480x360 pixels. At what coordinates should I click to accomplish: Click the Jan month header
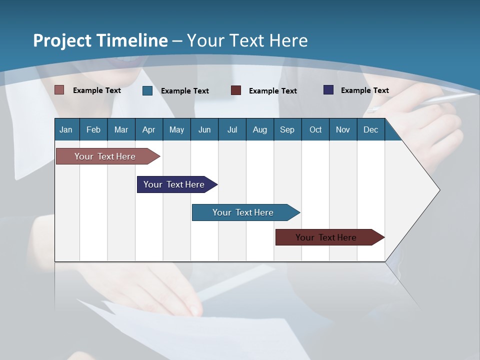click(66, 129)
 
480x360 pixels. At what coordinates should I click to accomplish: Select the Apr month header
click(149, 129)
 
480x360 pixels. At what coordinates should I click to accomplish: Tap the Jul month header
click(232, 129)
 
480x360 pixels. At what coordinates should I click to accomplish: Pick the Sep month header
click(287, 129)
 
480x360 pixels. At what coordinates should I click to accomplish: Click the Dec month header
click(370, 129)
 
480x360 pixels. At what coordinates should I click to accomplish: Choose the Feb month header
click(93, 129)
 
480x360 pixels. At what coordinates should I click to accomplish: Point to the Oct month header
click(315, 129)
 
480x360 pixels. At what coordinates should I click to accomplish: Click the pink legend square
click(59, 90)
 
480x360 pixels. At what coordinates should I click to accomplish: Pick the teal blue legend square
click(147, 90)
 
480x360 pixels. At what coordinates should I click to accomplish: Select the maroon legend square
click(236, 90)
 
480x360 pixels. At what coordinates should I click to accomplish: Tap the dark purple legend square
click(328, 90)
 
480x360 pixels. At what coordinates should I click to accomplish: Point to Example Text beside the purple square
click(365, 90)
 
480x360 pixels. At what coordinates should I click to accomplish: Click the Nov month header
click(343, 129)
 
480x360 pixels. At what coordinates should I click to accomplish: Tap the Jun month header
click(204, 129)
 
